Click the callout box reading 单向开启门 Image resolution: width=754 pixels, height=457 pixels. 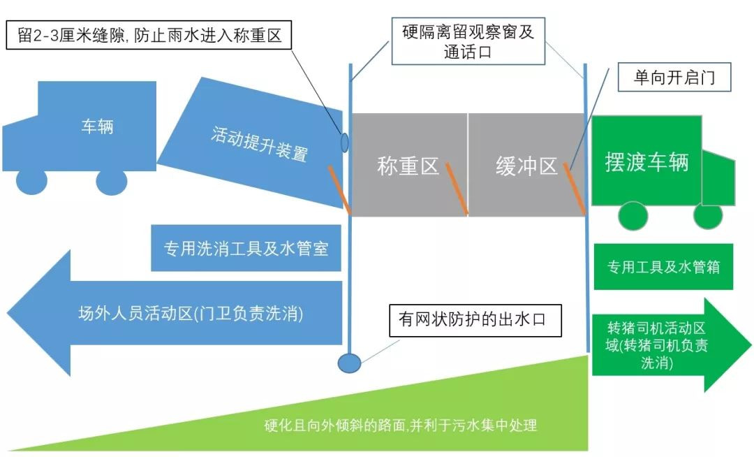674,78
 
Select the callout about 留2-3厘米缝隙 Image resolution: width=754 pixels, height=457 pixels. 149,36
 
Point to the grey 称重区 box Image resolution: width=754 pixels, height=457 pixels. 408,166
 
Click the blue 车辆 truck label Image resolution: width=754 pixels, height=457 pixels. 97,127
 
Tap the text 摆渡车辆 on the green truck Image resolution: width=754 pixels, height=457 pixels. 646,161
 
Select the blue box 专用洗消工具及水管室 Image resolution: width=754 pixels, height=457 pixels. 246,249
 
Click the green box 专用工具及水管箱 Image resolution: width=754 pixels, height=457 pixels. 663,267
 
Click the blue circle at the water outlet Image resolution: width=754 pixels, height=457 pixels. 349,363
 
